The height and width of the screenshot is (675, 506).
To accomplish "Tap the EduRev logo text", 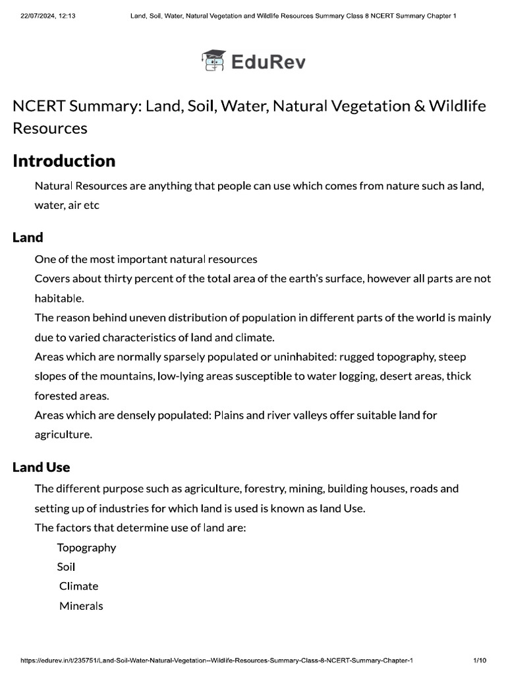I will pos(267,62).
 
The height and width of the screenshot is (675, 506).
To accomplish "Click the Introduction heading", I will pos(64,161).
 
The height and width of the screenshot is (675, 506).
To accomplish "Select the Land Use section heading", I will pos(41,467).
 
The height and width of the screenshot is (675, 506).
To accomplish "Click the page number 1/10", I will pos(479,660).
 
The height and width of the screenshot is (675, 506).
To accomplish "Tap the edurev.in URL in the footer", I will pos(217,660).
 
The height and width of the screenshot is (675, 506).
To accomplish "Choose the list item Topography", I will pos(86,548).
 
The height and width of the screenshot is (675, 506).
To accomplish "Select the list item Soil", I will pos(66,567).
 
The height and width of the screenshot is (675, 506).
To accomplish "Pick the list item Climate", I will pos(78,586).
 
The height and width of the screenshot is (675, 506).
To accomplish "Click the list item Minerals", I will pos(81,606).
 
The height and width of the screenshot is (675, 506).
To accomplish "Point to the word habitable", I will pos(59,298).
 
